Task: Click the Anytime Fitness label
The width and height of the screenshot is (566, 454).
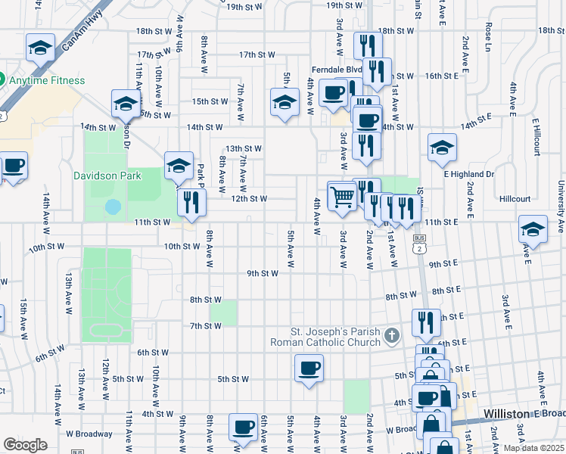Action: (47, 79)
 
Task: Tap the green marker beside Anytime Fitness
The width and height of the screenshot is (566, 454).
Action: (2, 79)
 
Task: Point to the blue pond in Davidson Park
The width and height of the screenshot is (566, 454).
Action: (113, 206)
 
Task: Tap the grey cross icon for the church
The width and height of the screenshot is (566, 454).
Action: (391, 334)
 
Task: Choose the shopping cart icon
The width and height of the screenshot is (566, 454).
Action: (341, 196)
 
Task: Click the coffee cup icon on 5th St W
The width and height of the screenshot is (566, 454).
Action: (308, 369)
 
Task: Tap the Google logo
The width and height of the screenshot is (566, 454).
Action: (25, 445)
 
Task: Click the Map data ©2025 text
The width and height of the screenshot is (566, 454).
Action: (533, 448)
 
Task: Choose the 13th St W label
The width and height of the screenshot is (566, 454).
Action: (243, 148)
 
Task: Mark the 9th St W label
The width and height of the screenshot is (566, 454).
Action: (264, 273)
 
